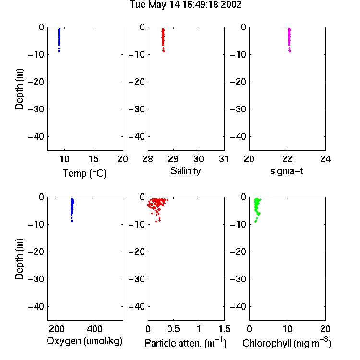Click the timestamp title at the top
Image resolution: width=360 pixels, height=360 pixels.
185,5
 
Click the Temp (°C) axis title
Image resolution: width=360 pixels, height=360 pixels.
84,173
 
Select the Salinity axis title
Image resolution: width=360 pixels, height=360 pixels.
185,171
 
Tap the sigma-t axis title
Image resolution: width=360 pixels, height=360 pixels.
287,171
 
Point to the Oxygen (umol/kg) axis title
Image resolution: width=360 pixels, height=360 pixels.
84,341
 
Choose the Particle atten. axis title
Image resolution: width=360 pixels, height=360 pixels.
185,343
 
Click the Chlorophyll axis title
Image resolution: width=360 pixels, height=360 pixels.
287,343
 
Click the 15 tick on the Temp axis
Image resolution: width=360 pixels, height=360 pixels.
94,159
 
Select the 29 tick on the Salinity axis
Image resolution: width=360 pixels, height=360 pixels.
173,159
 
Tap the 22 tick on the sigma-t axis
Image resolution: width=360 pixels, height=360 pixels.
287,159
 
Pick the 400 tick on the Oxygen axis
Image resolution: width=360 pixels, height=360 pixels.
95,329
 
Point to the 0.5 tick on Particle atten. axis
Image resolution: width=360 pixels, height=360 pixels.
173,329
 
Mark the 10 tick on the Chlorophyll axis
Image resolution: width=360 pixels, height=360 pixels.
288,329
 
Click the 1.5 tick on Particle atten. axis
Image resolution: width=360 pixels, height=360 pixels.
224,329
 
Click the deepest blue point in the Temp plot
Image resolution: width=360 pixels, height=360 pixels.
59,52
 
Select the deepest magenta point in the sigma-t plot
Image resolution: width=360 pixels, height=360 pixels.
290,52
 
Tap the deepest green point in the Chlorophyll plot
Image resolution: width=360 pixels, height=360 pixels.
255,222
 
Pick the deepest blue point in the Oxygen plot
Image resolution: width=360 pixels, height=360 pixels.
72,222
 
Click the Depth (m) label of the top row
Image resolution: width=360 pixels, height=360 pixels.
19,89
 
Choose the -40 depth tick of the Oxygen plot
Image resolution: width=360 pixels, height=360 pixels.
36,306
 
